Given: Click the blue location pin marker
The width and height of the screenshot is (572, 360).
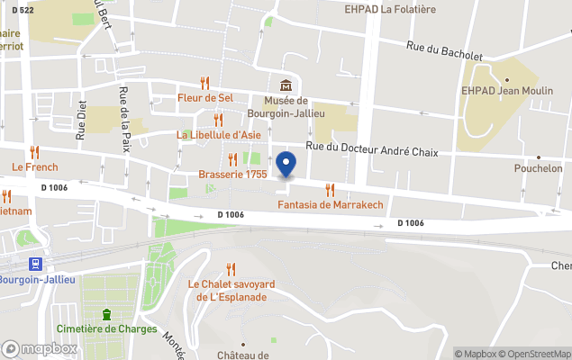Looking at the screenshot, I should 286,165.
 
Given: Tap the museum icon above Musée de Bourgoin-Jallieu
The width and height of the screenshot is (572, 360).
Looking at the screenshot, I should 286,85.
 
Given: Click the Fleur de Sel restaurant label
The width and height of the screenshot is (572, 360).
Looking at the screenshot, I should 206,97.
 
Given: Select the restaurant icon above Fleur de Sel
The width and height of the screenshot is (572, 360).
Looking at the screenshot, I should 205,82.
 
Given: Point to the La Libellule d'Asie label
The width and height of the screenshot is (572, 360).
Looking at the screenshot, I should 219,135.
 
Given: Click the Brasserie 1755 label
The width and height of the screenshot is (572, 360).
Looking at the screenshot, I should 232,175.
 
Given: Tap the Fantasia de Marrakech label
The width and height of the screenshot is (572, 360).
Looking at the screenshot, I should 330,205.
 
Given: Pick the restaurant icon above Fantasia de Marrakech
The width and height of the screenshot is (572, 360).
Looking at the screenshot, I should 330,189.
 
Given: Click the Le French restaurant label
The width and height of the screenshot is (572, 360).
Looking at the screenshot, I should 35,166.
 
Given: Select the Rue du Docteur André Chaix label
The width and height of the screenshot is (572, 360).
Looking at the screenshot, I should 372,151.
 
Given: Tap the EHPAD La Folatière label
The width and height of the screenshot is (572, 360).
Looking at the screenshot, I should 390,9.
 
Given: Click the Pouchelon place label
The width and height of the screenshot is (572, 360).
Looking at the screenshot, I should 538,168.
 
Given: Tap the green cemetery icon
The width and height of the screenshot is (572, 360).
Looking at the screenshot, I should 106,314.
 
